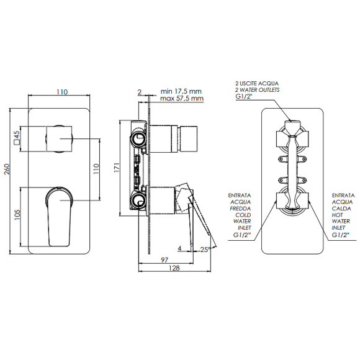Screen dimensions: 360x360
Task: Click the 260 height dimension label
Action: click(7, 169)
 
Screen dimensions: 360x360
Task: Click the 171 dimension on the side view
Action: click(117, 168)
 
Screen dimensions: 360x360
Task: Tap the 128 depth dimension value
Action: click(174, 268)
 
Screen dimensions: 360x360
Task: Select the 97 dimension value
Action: click(164, 260)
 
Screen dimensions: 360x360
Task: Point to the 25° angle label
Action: click(205, 250)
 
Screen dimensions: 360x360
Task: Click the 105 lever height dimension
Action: click(17, 215)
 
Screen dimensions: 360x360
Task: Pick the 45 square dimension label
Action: click(17, 138)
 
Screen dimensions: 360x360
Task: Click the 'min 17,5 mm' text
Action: click(181, 91)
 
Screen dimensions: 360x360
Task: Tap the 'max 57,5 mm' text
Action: click(182, 99)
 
